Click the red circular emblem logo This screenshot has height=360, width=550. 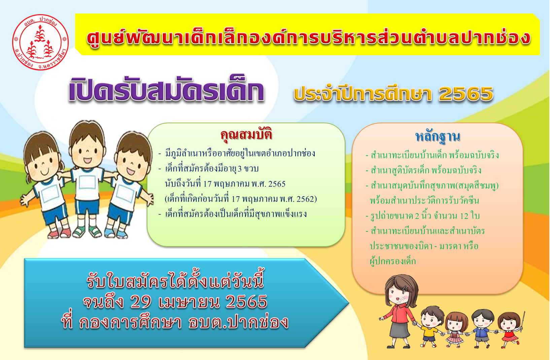pyautogui.click(x=40, y=42)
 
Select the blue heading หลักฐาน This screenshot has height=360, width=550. pyautogui.click(x=437, y=136)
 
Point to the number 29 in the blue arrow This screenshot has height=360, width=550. pyautogui.click(x=141, y=301)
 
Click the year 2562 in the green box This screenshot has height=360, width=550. pyautogui.click(x=305, y=199)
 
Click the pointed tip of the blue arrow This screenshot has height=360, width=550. pyautogui.click(x=349, y=303)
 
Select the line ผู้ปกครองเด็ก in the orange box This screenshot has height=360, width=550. pyautogui.click(x=393, y=261)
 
